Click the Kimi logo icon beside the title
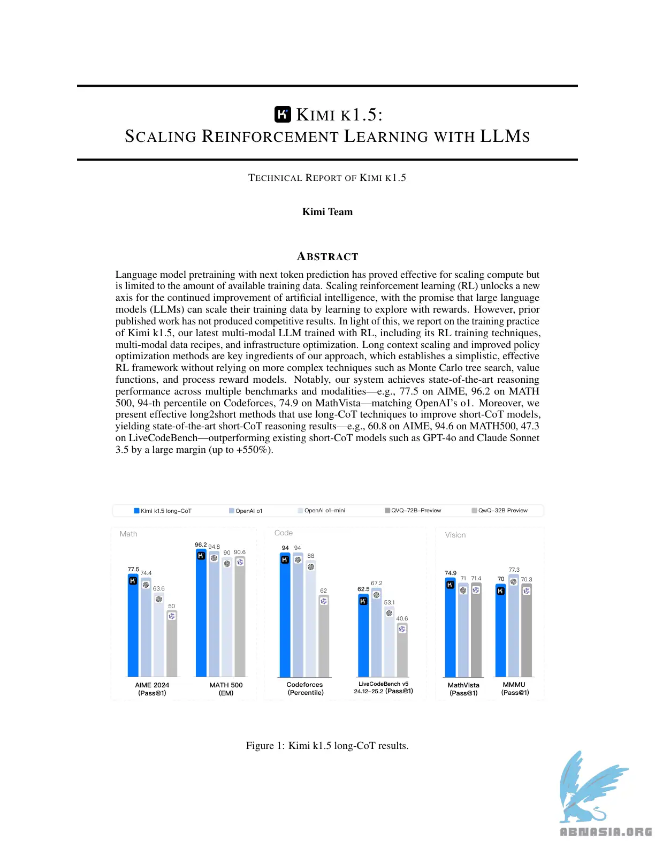click(283, 115)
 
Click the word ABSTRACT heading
click(327, 256)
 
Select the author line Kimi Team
click(327, 212)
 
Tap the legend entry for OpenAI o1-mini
click(322, 511)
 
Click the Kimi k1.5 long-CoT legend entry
click(163, 511)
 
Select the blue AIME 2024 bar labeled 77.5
click(133, 626)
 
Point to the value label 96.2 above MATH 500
click(201, 544)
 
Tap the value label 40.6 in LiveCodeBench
click(402, 618)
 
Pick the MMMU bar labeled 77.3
click(514, 626)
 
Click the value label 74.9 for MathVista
click(451, 573)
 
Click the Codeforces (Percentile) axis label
click(305, 688)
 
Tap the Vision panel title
click(455, 535)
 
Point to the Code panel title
click(284, 533)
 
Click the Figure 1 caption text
click(327, 746)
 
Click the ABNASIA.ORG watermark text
click(606, 832)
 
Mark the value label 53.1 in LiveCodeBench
click(389, 602)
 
